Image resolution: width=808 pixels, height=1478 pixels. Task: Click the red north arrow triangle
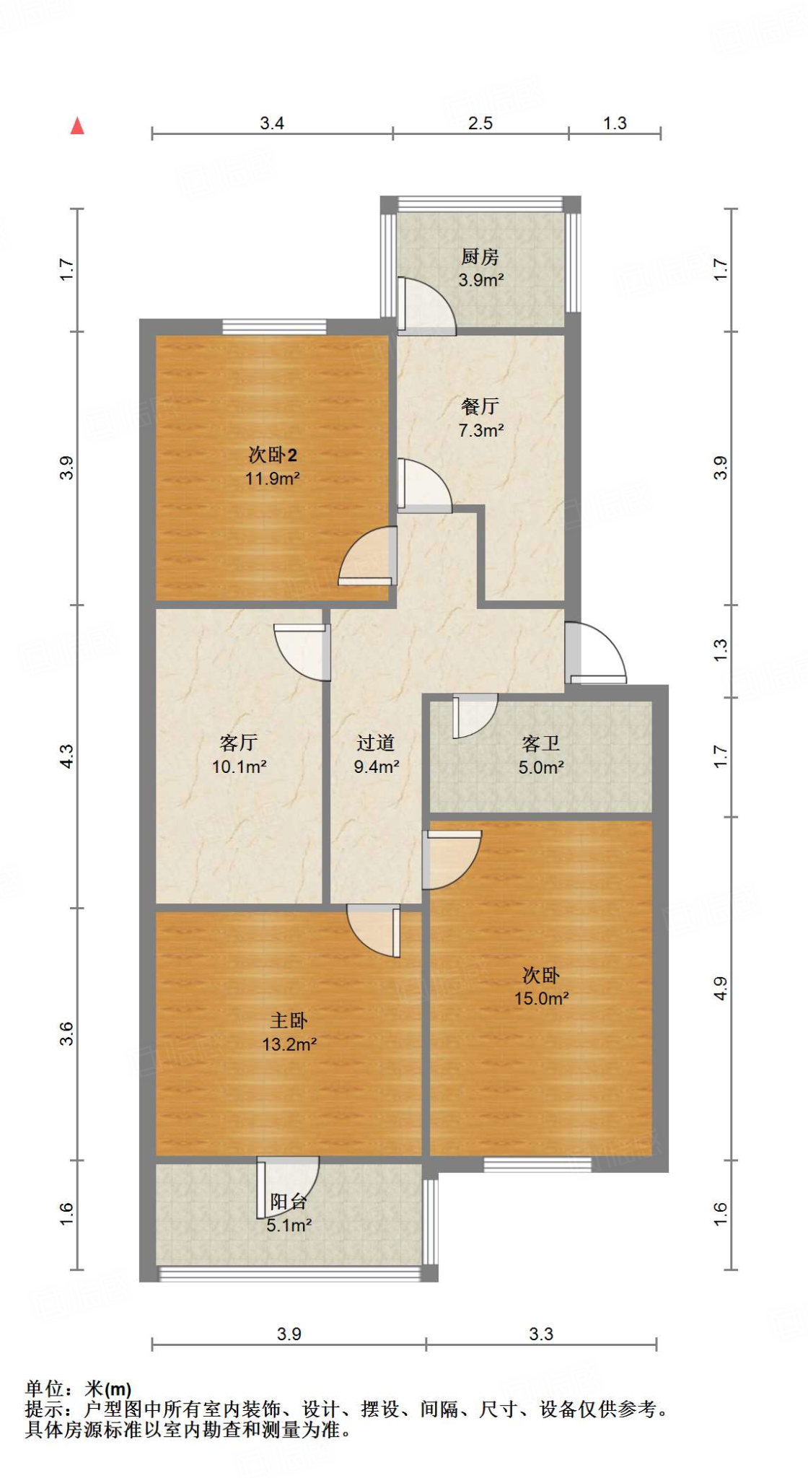pyautogui.click(x=77, y=126)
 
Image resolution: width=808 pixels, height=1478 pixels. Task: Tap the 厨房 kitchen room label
pyautogui.click(x=480, y=256)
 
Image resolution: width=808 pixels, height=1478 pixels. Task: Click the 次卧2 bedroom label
pyautogui.click(x=272, y=455)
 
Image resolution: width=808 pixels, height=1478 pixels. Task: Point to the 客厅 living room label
pyautogui.click(x=238, y=743)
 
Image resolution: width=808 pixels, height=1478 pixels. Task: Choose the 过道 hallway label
pyautogui.click(x=376, y=743)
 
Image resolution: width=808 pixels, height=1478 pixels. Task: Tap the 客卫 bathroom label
pyautogui.click(x=540, y=743)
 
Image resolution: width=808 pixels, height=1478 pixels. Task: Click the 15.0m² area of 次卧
pyautogui.click(x=541, y=999)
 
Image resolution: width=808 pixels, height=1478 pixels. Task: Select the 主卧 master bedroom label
pyautogui.click(x=289, y=1020)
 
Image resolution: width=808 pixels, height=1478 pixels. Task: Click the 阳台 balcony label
pyautogui.click(x=289, y=1202)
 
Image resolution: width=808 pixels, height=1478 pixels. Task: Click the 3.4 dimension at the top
pyautogui.click(x=272, y=123)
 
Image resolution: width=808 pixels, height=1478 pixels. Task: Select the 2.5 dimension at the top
pyautogui.click(x=480, y=123)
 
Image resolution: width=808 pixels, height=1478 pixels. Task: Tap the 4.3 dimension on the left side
pyautogui.click(x=66, y=756)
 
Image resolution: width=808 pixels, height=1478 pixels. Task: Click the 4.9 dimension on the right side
pyautogui.click(x=721, y=989)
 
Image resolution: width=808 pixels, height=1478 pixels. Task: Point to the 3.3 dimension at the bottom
pyautogui.click(x=541, y=1334)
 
